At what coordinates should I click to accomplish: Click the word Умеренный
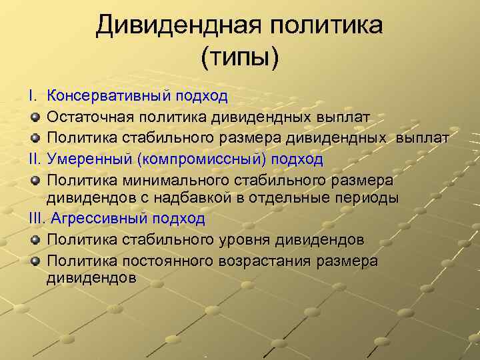tap(91, 159)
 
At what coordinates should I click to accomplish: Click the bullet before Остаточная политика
tap(35, 118)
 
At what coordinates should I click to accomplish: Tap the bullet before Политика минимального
tap(35, 181)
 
